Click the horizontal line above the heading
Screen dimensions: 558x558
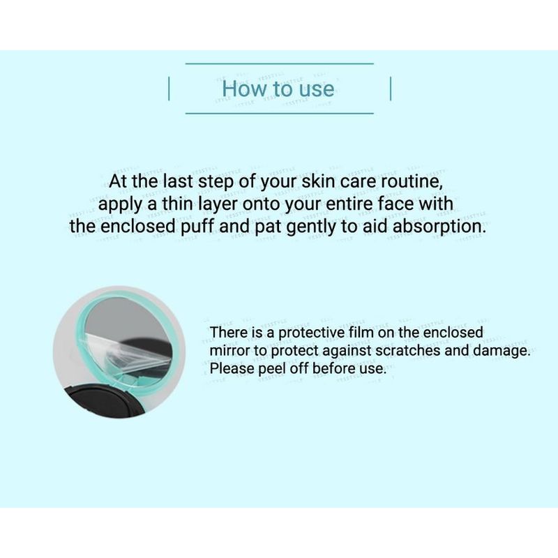pos(280,63)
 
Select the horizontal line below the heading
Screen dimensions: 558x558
pos(280,114)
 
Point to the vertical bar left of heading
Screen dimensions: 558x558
pos(169,89)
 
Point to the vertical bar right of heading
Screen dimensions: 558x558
pos(391,89)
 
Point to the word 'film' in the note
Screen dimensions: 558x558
pos(363,333)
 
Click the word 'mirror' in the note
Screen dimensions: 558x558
pos(229,352)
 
